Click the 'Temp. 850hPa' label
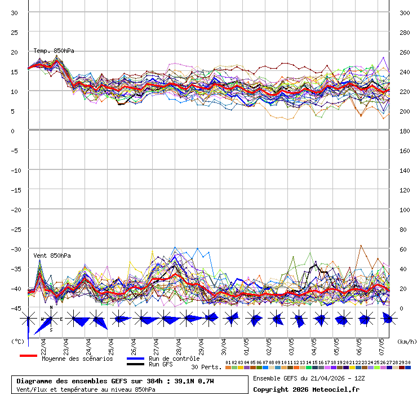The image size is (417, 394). pos(54,51)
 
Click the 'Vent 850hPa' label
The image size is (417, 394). pos(52,256)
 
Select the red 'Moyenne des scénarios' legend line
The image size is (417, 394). pos(28,356)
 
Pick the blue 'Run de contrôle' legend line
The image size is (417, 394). pos(135,359)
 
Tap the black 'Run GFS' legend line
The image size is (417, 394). pos(135,364)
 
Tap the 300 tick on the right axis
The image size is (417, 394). pos(404,12)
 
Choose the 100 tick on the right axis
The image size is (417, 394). pos(404,209)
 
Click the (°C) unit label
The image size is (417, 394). pos(17,341)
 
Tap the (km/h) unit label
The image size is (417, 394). pos(406,341)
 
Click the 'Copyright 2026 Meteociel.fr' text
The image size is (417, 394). pos(306,389)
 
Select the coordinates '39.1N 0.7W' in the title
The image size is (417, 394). pos(194,381)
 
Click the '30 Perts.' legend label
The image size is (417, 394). pos(206,367)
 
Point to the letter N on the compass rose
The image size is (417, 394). pos(51,307)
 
